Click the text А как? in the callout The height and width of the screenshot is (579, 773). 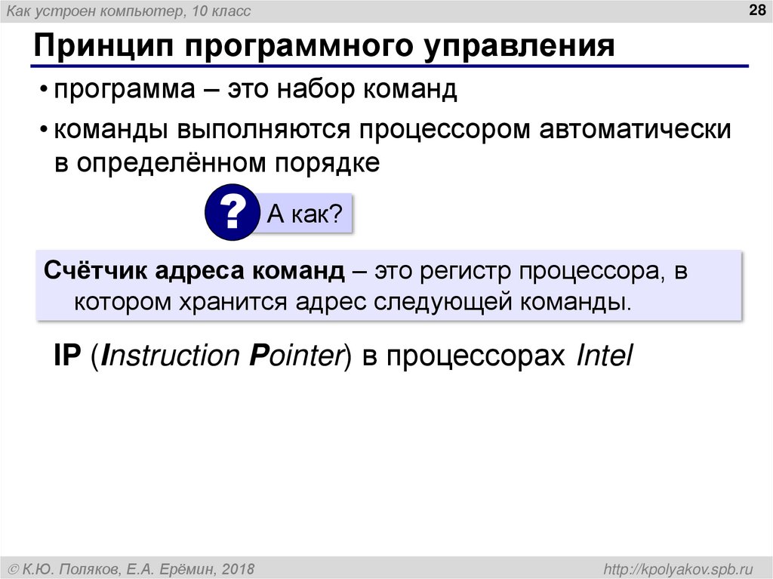tap(306, 215)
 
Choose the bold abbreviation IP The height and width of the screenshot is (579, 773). tap(66, 356)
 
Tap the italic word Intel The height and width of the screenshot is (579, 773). tap(603, 356)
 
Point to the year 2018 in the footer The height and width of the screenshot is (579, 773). tap(237, 568)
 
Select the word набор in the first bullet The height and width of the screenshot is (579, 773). tap(316, 91)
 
